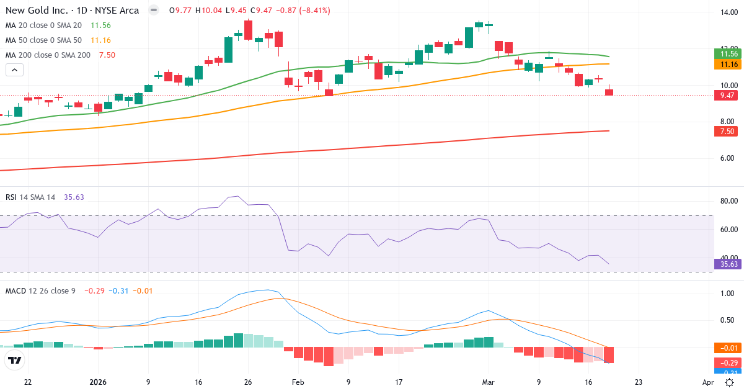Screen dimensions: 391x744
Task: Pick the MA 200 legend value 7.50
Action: click(x=107, y=55)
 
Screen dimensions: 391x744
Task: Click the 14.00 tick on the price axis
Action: click(x=728, y=12)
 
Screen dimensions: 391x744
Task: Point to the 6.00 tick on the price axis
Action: click(x=728, y=158)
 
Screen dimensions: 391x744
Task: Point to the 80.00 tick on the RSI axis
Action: click(x=728, y=201)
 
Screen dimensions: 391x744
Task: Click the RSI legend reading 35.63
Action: click(x=74, y=197)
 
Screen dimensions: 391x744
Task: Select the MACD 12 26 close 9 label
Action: click(x=40, y=291)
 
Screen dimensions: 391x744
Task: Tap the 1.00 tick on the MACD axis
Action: click(x=728, y=294)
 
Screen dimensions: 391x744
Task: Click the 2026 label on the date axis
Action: click(x=99, y=382)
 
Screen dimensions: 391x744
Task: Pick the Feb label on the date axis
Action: click(x=298, y=382)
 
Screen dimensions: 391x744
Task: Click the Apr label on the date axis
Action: click(x=708, y=382)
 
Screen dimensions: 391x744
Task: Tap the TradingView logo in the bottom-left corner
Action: click(x=15, y=360)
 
